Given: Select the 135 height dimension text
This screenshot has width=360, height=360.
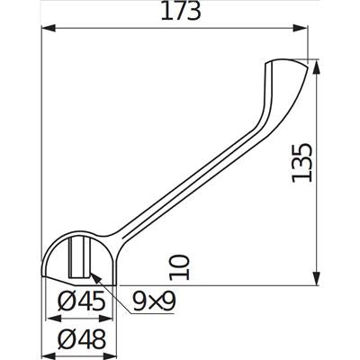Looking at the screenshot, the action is (302, 163).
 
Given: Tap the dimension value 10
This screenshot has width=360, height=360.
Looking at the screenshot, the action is (179, 267).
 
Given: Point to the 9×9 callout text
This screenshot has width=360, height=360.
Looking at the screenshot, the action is (154, 301).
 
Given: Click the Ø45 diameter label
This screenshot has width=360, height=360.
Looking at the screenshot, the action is (82, 301).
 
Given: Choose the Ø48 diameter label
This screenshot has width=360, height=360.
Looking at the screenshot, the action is (82, 339).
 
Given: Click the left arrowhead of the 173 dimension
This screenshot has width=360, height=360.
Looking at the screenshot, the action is (49, 28).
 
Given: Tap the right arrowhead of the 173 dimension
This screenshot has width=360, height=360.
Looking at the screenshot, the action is (301, 28).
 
